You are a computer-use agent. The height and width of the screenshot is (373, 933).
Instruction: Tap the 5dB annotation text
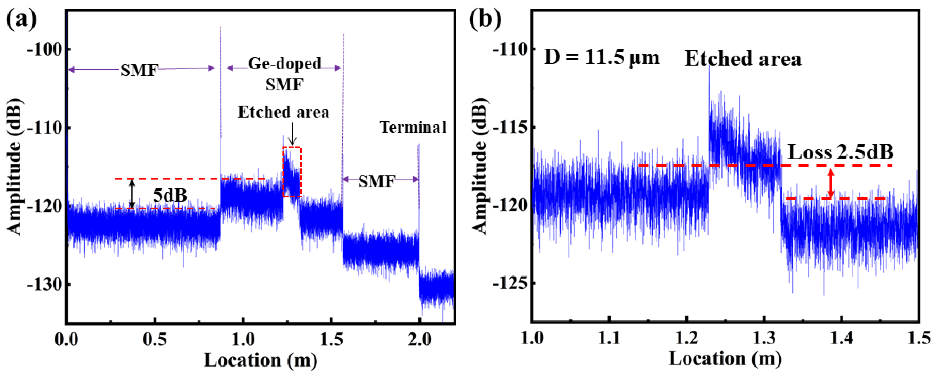click(x=170, y=196)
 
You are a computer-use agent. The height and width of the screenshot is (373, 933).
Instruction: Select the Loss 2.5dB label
click(x=840, y=152)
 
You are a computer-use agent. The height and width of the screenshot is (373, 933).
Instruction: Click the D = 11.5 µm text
click(x=601, y=58)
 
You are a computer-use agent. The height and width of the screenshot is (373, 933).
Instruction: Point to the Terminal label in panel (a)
click(x=413, y=128)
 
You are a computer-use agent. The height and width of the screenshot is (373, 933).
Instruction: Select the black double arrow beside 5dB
click(x=132, y=194)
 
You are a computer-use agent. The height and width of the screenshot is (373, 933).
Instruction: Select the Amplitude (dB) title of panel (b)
click(x=480, y=167)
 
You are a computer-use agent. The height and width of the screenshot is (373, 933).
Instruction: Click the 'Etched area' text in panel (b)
click(x=743, y=59)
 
